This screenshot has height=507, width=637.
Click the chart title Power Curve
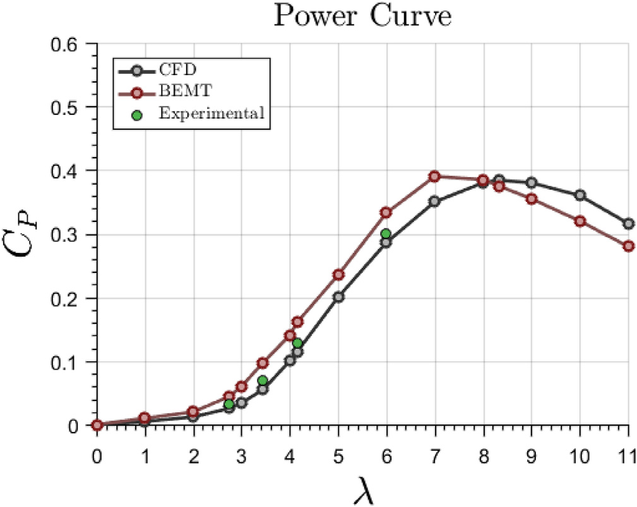click(x=362, y=16)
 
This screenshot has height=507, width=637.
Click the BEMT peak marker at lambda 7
click(x=434, y=177)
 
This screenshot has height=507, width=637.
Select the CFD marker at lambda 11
click(x=628, y=224)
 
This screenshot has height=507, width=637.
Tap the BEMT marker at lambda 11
click(x=628, y=246)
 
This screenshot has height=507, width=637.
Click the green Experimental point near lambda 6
click(x=386, y=234)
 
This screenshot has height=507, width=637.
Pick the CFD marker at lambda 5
click(x=338, y=297)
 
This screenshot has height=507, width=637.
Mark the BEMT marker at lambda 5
click(x=338, y=275)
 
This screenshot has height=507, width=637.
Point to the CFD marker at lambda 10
click(x=580, y=195)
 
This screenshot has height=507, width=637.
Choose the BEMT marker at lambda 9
click(x=532, y=199)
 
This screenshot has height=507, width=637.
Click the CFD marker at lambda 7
click(x=434, y=202)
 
